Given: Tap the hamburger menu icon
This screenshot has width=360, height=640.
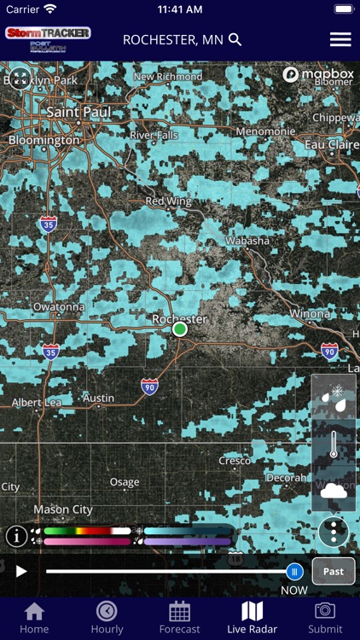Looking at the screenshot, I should [340, 39].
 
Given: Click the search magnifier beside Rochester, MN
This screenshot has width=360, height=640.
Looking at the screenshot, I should [235, 39].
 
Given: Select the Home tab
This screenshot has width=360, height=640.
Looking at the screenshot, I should [34, 618].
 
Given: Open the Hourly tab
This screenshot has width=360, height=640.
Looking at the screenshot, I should [107, 618].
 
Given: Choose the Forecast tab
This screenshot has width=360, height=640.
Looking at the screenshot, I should [179, 618].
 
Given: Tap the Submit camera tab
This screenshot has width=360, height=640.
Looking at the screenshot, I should [325, 618].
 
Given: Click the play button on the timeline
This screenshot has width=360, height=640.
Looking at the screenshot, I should [22, 571].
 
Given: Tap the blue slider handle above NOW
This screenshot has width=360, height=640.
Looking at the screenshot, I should [294, 571].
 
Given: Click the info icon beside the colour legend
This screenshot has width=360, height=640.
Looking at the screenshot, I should [16, 536].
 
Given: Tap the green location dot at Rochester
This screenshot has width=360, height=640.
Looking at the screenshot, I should [179, 329].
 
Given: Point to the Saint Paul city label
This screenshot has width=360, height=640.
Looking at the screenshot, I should [74, 112].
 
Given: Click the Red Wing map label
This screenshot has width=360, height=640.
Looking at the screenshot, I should [166, 201].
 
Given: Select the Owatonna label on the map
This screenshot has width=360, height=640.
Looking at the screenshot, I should [59, 306].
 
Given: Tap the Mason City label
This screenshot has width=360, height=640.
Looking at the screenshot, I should [63, 509].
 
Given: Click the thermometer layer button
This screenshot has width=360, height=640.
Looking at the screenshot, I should [333, 444].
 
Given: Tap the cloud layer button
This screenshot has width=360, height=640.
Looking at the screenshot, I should [333, 490].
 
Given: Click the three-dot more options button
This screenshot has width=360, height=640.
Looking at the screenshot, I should [333, 532].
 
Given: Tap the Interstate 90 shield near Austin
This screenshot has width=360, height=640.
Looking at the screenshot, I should [149, 386].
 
